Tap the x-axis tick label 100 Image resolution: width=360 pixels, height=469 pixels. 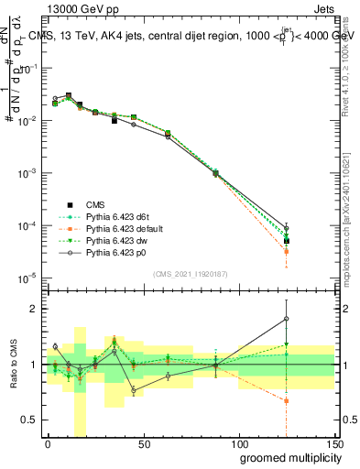[x=239, y=443]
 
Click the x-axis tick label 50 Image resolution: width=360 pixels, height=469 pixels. [x=144, y=443]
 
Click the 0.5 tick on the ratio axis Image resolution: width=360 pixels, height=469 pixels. [x=32, y=420]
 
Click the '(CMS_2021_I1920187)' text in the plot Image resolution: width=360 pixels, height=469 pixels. [x=191, y=274]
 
